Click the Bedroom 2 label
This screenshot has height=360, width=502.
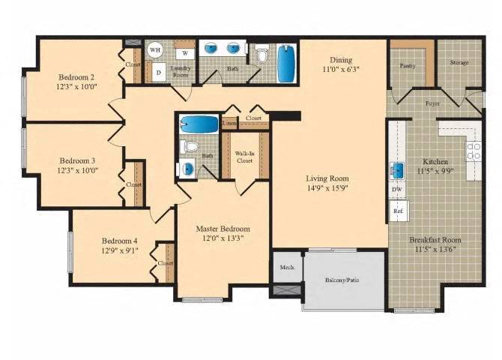[77, 76]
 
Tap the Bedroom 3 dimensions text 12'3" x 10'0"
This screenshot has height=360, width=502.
[78, 170]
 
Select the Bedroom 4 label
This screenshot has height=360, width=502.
[119, 241]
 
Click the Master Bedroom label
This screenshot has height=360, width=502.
[223, 228]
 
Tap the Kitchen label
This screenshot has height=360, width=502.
[435, 161]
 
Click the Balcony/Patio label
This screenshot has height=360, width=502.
[342, 280]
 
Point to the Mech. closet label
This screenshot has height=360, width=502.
[286, 268]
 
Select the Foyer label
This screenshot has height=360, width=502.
[432, 103]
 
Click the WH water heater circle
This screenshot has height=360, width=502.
[156, 50]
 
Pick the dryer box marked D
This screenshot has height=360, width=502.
[158, 73]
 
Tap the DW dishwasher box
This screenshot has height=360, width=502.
[396, 189]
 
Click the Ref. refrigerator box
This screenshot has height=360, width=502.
[397, 211]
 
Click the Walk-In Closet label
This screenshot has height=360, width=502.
[245, 156]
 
